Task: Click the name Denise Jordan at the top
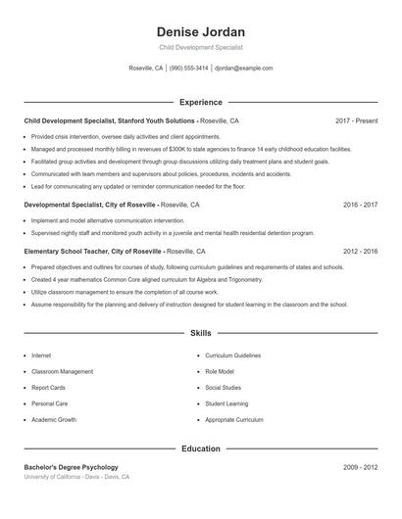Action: (201, 31)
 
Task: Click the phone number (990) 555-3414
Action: (189, 69)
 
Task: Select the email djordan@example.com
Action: (243, 69)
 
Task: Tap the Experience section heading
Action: (201, 102)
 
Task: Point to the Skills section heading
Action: (201, 333)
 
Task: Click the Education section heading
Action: (201, 448)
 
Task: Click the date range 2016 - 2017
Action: (360, 205)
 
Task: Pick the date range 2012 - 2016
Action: (360, 252)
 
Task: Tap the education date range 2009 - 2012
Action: (360, 467)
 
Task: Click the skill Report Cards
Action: (48, 388)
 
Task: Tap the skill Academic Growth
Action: (54, 419)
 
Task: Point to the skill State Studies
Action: (224, 388)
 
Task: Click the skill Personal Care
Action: (49, 403)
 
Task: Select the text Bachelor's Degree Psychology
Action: (71, 467)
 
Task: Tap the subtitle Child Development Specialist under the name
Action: (201, 47)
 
